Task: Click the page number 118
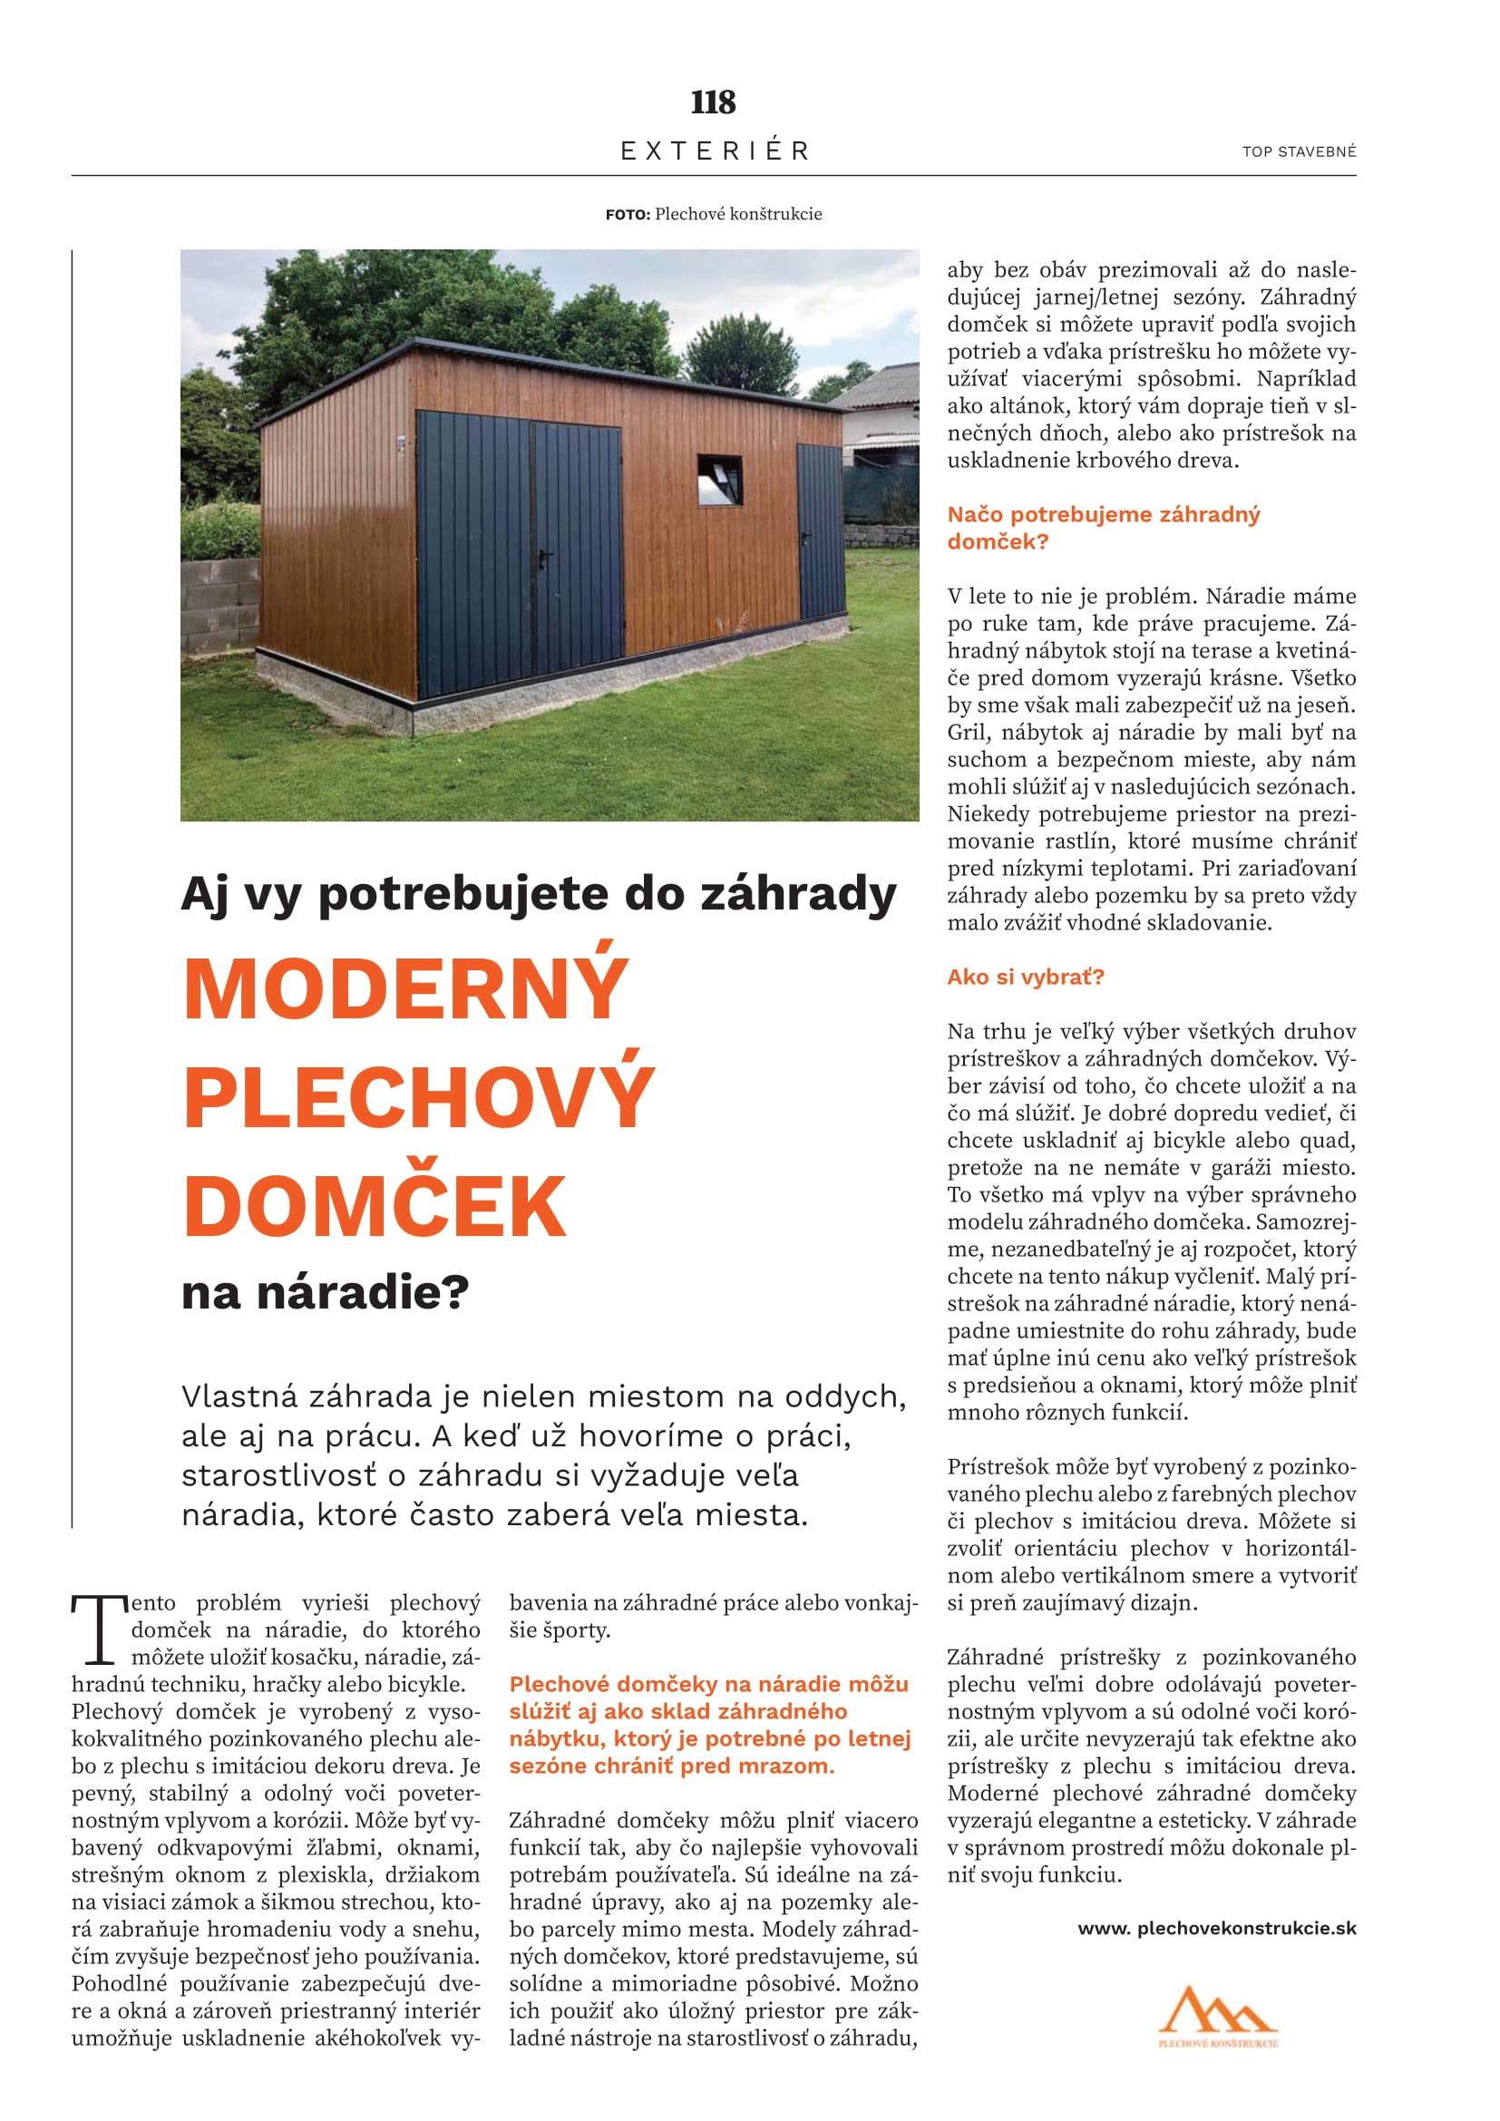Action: click(713, 102)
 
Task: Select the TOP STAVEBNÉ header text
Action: click(1299, 151)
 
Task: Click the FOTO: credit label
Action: click(628, 214)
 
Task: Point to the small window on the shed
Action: click(719, 480)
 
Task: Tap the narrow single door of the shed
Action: click(820, 531)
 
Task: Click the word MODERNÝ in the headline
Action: click(406, 989)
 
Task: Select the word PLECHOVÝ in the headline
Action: click(419, 1096)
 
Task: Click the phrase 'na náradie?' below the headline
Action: click(326, 1292)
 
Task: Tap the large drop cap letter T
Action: click(99, 1630)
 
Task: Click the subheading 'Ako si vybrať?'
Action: click(1026, 978)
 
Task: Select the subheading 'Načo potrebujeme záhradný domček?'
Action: click(1103, 528)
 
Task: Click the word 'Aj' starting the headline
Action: click(205, 895)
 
